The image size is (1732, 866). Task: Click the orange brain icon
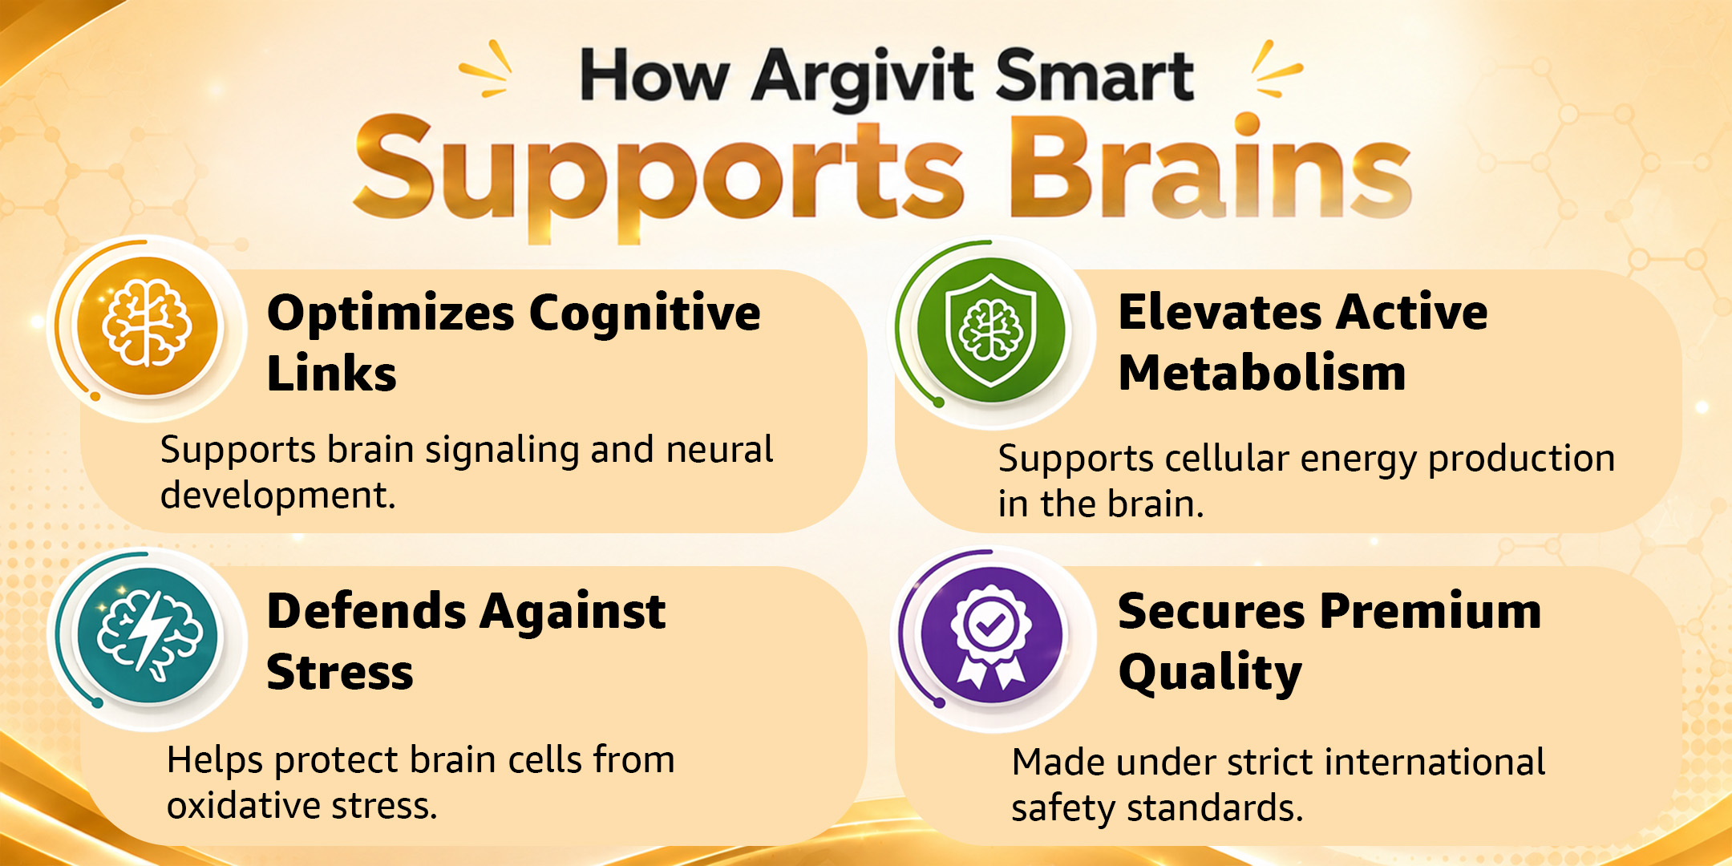click(x=147, y=326)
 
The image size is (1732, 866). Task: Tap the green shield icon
click(x=991, y=330)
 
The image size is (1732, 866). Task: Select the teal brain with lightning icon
click(x=148, y=636)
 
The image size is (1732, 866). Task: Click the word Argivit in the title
click(x=862, y=77)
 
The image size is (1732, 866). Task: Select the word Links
click(x=331, y=374)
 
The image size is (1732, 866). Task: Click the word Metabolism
click(x=1262, y=373)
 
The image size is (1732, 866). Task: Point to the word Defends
click(x=366, y=611)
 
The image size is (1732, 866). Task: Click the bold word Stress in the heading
click(x=340, y=672)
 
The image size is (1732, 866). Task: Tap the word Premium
click(x=1430, y=611)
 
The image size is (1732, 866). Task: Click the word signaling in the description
click(x=502, y=451)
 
